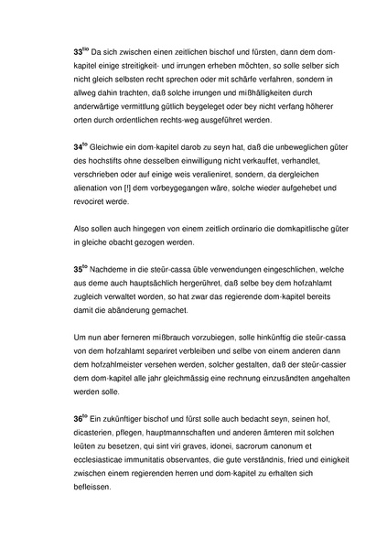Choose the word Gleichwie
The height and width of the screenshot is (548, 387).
(113, 145)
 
